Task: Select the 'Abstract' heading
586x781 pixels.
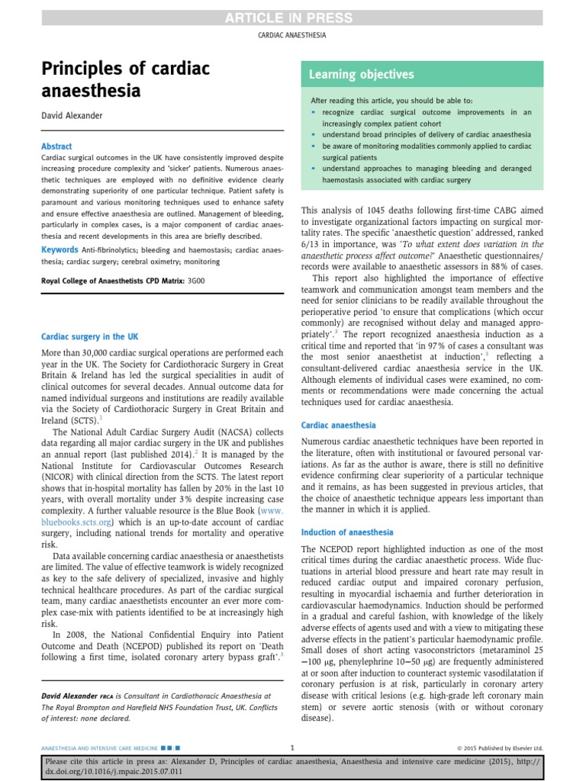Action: (x=56, y=146)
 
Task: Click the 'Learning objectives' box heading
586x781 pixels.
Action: (x=361, y=75)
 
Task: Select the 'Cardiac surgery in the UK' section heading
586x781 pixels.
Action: (x=89, y=336)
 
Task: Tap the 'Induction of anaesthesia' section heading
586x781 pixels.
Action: (x=347, y=532)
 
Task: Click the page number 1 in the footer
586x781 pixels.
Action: (x=293, y=747)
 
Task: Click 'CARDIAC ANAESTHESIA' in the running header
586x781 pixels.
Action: (x=293, y=35)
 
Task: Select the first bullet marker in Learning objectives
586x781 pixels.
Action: (x=313, y=111)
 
